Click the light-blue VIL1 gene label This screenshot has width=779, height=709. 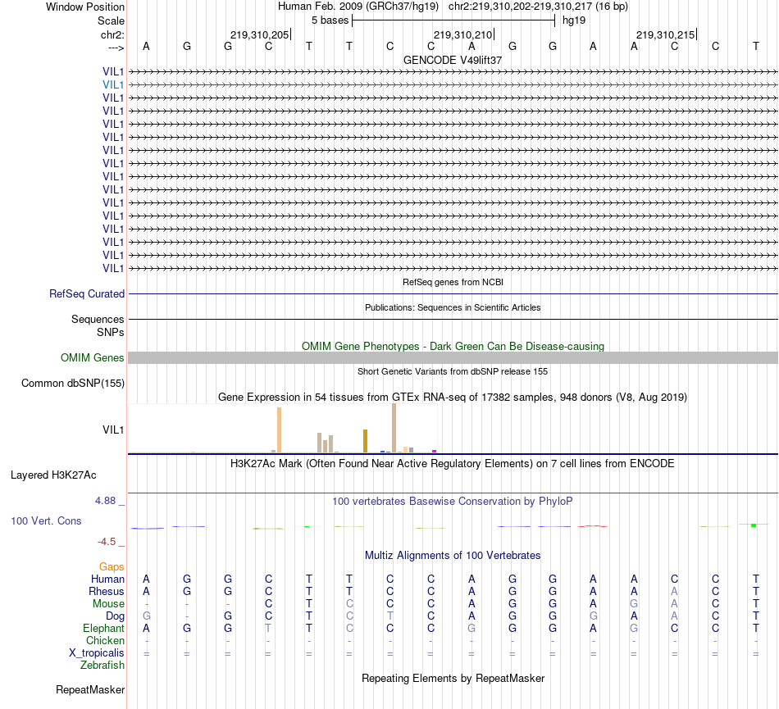(113, 84)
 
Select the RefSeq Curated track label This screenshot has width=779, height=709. (87, 293)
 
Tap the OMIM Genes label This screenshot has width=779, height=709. (93, 357)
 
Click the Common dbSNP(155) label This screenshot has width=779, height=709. (73, 383)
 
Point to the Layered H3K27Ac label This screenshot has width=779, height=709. (53, 475)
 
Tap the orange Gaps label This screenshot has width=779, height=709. (112, 566)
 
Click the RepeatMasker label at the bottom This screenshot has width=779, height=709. (90, 690)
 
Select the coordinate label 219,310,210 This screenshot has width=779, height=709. (463, 35)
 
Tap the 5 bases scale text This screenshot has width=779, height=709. (330, 20)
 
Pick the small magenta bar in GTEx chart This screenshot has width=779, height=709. (434, 450)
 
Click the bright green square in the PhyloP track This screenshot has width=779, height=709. (753, 525)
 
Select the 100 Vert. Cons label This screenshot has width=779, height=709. (46, 521)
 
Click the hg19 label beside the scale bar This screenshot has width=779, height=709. (573, 20)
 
